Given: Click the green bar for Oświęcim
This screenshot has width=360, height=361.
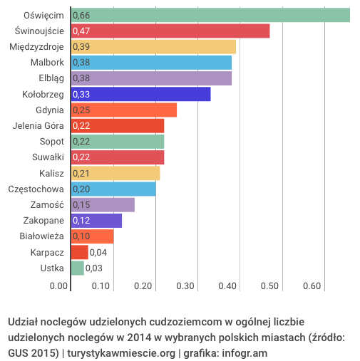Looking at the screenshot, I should point(210,15).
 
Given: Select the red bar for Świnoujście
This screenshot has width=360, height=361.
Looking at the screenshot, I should point(170,31).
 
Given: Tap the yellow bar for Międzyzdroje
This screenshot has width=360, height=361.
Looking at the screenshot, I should point(153,47).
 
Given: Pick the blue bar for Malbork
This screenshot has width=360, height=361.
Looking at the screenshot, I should point(151,63).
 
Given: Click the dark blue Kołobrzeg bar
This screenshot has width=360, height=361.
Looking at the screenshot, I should point(140,94).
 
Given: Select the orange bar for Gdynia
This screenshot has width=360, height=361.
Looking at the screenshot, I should point(124,110).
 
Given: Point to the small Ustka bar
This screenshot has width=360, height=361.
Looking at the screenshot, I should point(77,268).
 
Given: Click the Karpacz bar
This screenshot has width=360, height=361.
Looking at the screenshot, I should point(79,252).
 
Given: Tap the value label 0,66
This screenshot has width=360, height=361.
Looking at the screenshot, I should point(81,15).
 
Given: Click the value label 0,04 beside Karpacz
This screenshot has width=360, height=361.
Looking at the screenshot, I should point(98,252).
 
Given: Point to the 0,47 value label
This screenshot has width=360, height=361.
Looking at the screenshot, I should point(81,31).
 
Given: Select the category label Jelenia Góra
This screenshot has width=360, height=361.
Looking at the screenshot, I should point(38,126).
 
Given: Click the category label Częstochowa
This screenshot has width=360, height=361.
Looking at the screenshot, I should point(36,189).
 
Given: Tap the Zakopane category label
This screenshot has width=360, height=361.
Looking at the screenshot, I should point(43,221).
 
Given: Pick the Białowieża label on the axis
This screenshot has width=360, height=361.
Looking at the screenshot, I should point(41,236).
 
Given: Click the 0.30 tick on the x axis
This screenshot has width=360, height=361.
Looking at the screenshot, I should point(185,286).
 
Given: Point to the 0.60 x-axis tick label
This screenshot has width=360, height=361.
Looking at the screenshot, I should point(312,286).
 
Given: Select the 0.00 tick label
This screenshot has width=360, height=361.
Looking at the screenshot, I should point(58,286).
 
